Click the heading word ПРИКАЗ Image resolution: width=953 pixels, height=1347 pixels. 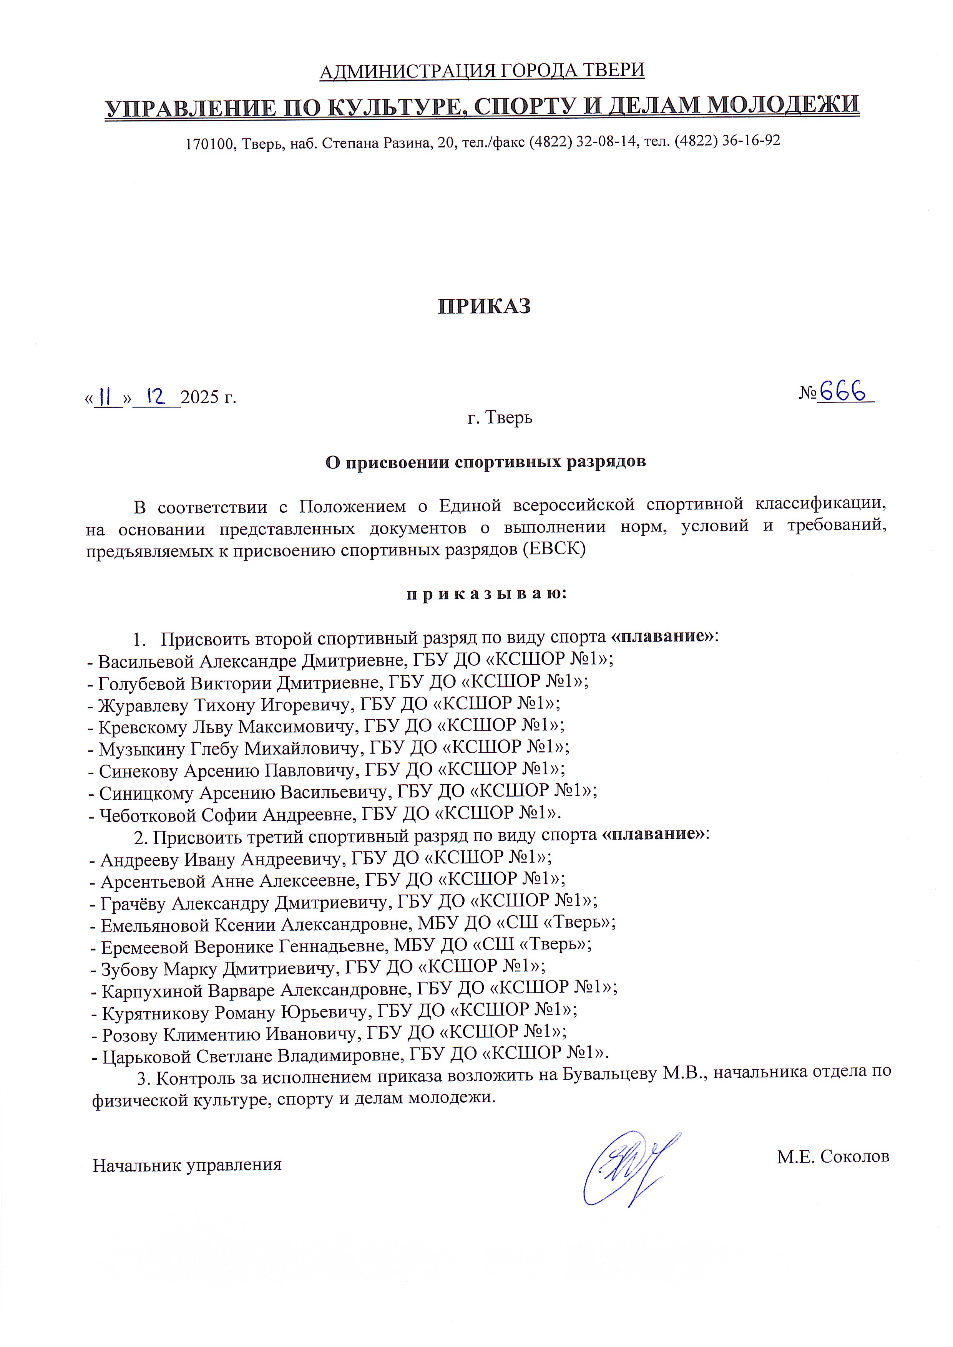484,307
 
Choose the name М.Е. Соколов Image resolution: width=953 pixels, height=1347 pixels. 833,1156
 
